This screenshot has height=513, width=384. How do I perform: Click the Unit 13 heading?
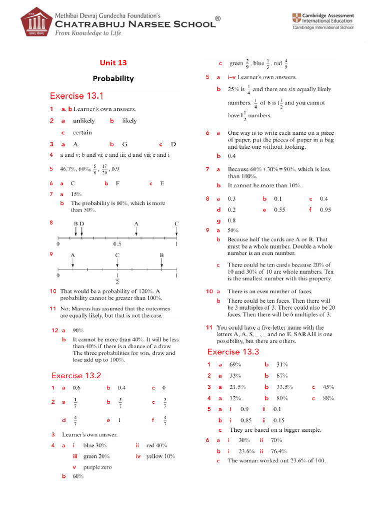[113, 63]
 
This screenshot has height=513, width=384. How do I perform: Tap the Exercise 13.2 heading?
[75, 375]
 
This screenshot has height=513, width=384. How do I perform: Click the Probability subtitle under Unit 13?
[113, 79]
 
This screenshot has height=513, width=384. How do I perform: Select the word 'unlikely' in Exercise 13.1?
[83, 121]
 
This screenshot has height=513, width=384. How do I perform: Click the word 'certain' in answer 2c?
[82, 133]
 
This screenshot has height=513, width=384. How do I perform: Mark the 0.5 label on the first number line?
[117, 244]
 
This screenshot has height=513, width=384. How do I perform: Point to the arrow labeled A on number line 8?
[136, 229]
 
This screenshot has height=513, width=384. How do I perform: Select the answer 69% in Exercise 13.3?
[235, 365]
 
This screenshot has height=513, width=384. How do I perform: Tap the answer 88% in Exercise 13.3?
[328, 398]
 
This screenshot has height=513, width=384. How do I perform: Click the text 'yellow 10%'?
[160, 456]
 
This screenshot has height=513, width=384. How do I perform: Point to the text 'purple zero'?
[97, 467]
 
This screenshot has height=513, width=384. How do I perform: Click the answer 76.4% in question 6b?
[278, 451]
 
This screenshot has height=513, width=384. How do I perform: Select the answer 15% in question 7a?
[77, 194]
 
